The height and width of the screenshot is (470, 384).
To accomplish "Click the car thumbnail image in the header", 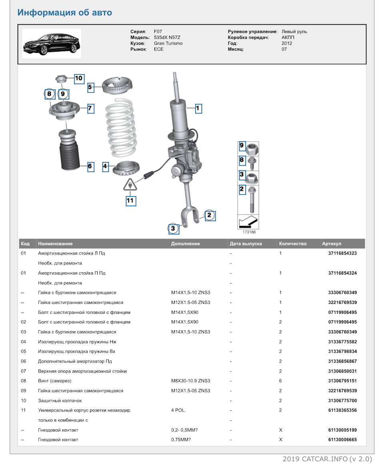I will (51, 43).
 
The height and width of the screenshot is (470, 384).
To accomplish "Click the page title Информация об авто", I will (64, 12).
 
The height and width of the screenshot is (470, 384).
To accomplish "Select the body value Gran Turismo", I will (168, 43).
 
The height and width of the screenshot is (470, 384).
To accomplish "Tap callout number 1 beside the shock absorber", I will (198, 108).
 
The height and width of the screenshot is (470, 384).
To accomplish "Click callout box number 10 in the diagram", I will (78, 78).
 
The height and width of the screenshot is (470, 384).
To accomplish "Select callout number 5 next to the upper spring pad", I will (90, 86).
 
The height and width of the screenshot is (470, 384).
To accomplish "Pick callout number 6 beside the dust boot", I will (90, 166).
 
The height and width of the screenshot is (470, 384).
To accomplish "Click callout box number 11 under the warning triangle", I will (131, 201).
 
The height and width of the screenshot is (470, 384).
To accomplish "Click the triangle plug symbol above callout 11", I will (130, 185).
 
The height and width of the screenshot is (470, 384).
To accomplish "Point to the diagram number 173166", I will (249, 232).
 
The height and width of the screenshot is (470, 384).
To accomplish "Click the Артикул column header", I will (332, 243).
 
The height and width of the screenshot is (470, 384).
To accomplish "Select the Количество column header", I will (293, 243).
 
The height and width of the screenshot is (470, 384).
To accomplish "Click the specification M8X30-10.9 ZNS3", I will (190, 381).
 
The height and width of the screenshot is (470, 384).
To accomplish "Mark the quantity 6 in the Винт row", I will (280, 381).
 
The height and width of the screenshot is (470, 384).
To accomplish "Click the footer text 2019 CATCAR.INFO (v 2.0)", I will (327, 459).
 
